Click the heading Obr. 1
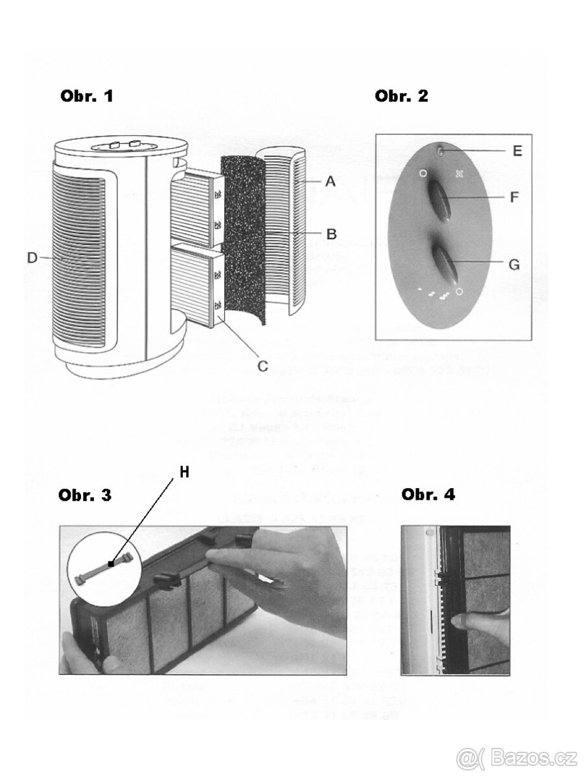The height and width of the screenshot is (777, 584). coord(86,96)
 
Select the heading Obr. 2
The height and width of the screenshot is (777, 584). coord(401,96)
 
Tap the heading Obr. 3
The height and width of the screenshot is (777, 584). coord(85,495)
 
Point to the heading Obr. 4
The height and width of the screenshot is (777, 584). coord(428,495)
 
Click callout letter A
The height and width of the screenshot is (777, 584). coord(330,183)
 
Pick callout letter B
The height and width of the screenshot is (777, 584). coord(331,234)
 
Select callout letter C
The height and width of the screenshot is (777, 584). coord(263,366)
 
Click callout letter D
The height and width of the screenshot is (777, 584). coord(32,258)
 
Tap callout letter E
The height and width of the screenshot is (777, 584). coord(517,151)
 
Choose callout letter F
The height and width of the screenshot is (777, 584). coord(513,197)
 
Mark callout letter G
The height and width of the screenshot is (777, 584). coord(513,264)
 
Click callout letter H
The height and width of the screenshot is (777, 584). coord(185,473)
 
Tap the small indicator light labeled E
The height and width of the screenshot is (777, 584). coord(441,152)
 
